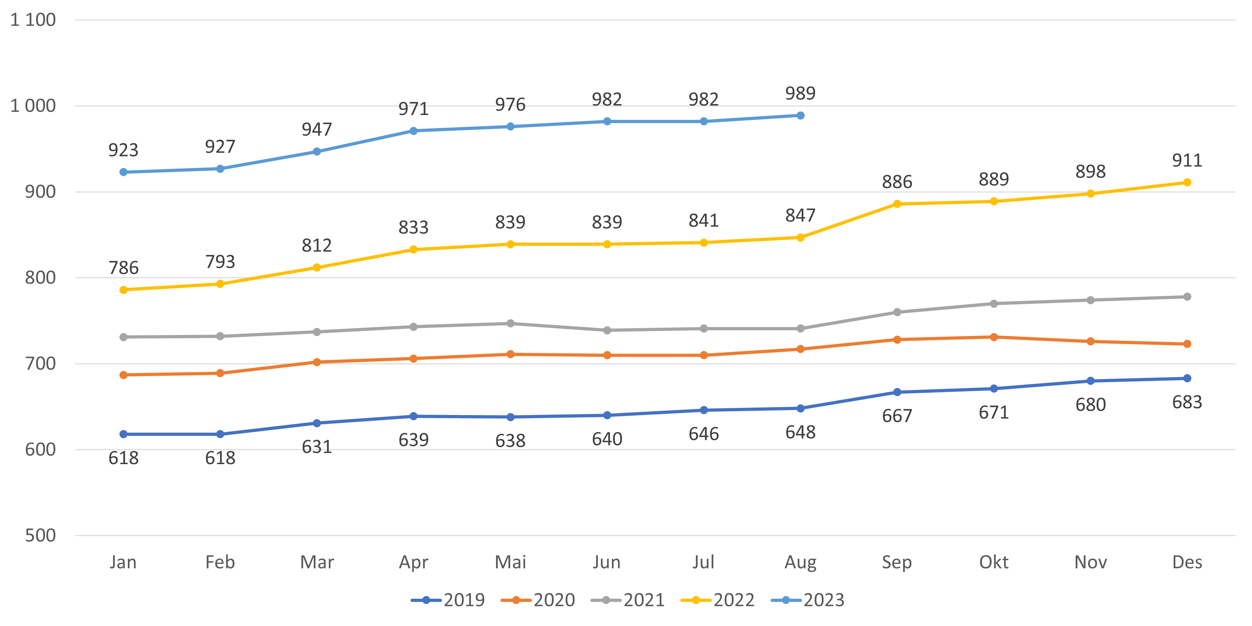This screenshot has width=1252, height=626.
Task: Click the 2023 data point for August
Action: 800,116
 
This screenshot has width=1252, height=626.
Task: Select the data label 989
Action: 800,93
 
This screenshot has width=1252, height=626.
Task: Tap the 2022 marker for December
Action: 1187,182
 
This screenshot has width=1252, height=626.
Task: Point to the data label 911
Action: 1187,160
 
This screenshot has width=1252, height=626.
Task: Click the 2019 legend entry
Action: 448,600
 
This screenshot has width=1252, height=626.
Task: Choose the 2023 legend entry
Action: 808,600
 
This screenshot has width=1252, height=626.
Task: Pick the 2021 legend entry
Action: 628,600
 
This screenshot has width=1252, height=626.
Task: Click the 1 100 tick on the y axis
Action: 33,20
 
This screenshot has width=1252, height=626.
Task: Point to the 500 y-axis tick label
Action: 40,536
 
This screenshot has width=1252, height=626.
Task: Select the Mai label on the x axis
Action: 510,562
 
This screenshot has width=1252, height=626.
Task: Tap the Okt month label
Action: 993,562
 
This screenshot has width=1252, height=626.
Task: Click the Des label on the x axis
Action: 1187,562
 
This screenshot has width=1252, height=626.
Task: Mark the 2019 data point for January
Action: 123,434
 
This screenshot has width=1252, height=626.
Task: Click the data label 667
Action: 897,416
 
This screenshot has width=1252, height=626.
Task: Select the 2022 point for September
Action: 897,204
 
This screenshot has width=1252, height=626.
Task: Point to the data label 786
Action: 123,268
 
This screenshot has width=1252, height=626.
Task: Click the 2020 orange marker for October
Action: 993,337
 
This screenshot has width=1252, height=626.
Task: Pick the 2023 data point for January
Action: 123,172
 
